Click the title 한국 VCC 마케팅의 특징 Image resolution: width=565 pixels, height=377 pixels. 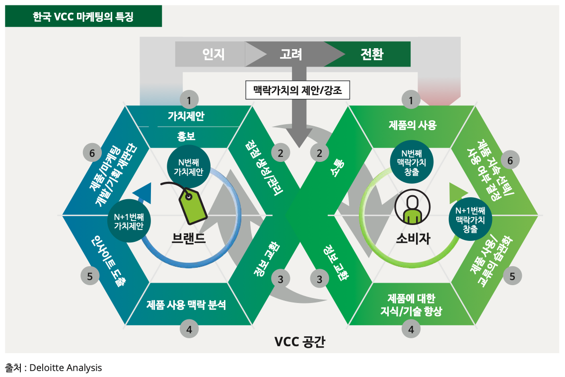[83, 17]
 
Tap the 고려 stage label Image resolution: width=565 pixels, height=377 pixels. [291, 54]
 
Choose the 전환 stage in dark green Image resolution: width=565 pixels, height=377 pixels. [372, 54]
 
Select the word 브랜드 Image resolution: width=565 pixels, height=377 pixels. [188, 238]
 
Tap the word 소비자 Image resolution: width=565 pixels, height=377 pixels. [413, 238]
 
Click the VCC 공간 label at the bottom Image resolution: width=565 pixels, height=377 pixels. [300, 342]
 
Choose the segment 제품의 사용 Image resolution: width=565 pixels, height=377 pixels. [412, 125]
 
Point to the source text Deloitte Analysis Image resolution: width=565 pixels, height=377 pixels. [66, 368]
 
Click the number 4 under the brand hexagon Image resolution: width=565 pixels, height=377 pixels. [189, 328]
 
